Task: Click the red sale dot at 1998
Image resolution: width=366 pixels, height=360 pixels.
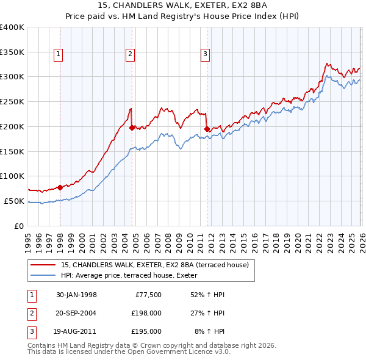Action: pyautogui.click(x=60, y=187)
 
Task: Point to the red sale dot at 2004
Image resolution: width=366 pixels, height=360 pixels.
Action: pyautogui.click(x=132, y=128)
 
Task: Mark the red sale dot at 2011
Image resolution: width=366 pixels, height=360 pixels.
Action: pyautogui.click(x=207, y=129)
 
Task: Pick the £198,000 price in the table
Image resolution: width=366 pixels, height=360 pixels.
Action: pyautogui.click(x=146, y=313)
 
